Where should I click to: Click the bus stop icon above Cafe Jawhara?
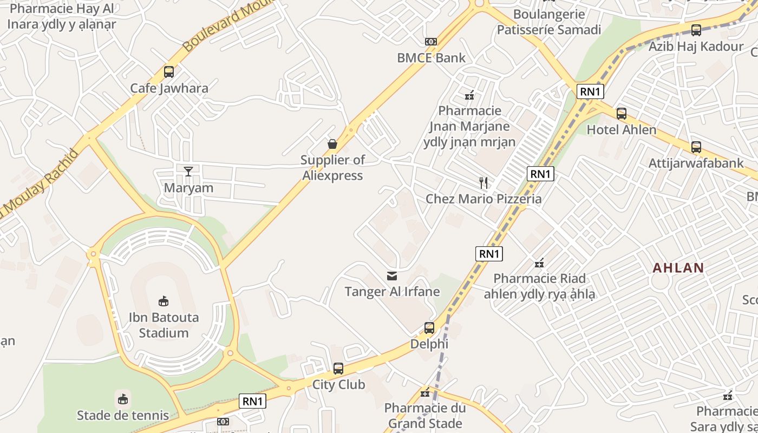click(x=169, y=71)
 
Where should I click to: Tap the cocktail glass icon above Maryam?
click(x=188, y=172)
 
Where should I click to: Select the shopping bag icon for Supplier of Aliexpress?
click(x=332, y=144)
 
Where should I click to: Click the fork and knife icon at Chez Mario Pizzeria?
click(x=483, y=183)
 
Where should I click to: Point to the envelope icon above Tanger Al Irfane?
click(x=392, y=276)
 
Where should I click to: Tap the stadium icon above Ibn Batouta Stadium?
click(x=163, y=301)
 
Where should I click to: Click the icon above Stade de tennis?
click(x=123, y=399)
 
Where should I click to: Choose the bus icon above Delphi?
click(x=429, y=328)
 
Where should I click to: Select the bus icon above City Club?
click(x=338, y=369)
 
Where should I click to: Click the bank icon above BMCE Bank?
click(x=431, y=42)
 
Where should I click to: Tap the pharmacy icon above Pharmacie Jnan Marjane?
click(x=469, y=96)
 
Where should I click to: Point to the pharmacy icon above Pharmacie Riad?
click(x=539, y=263)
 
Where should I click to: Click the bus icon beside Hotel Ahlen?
click(x=622, y=114)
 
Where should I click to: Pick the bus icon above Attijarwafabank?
click(x=696, y=147)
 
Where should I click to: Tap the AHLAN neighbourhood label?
click(x=678, y=268)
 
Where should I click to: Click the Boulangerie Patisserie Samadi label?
click(x=549, y=22)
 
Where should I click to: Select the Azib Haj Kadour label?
click(x=696, y=47)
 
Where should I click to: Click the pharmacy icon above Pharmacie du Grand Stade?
click(x=425, y=392)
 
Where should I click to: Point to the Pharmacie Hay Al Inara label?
click(x=62, y=16)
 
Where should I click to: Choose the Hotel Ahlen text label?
click(x=622, y=130)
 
